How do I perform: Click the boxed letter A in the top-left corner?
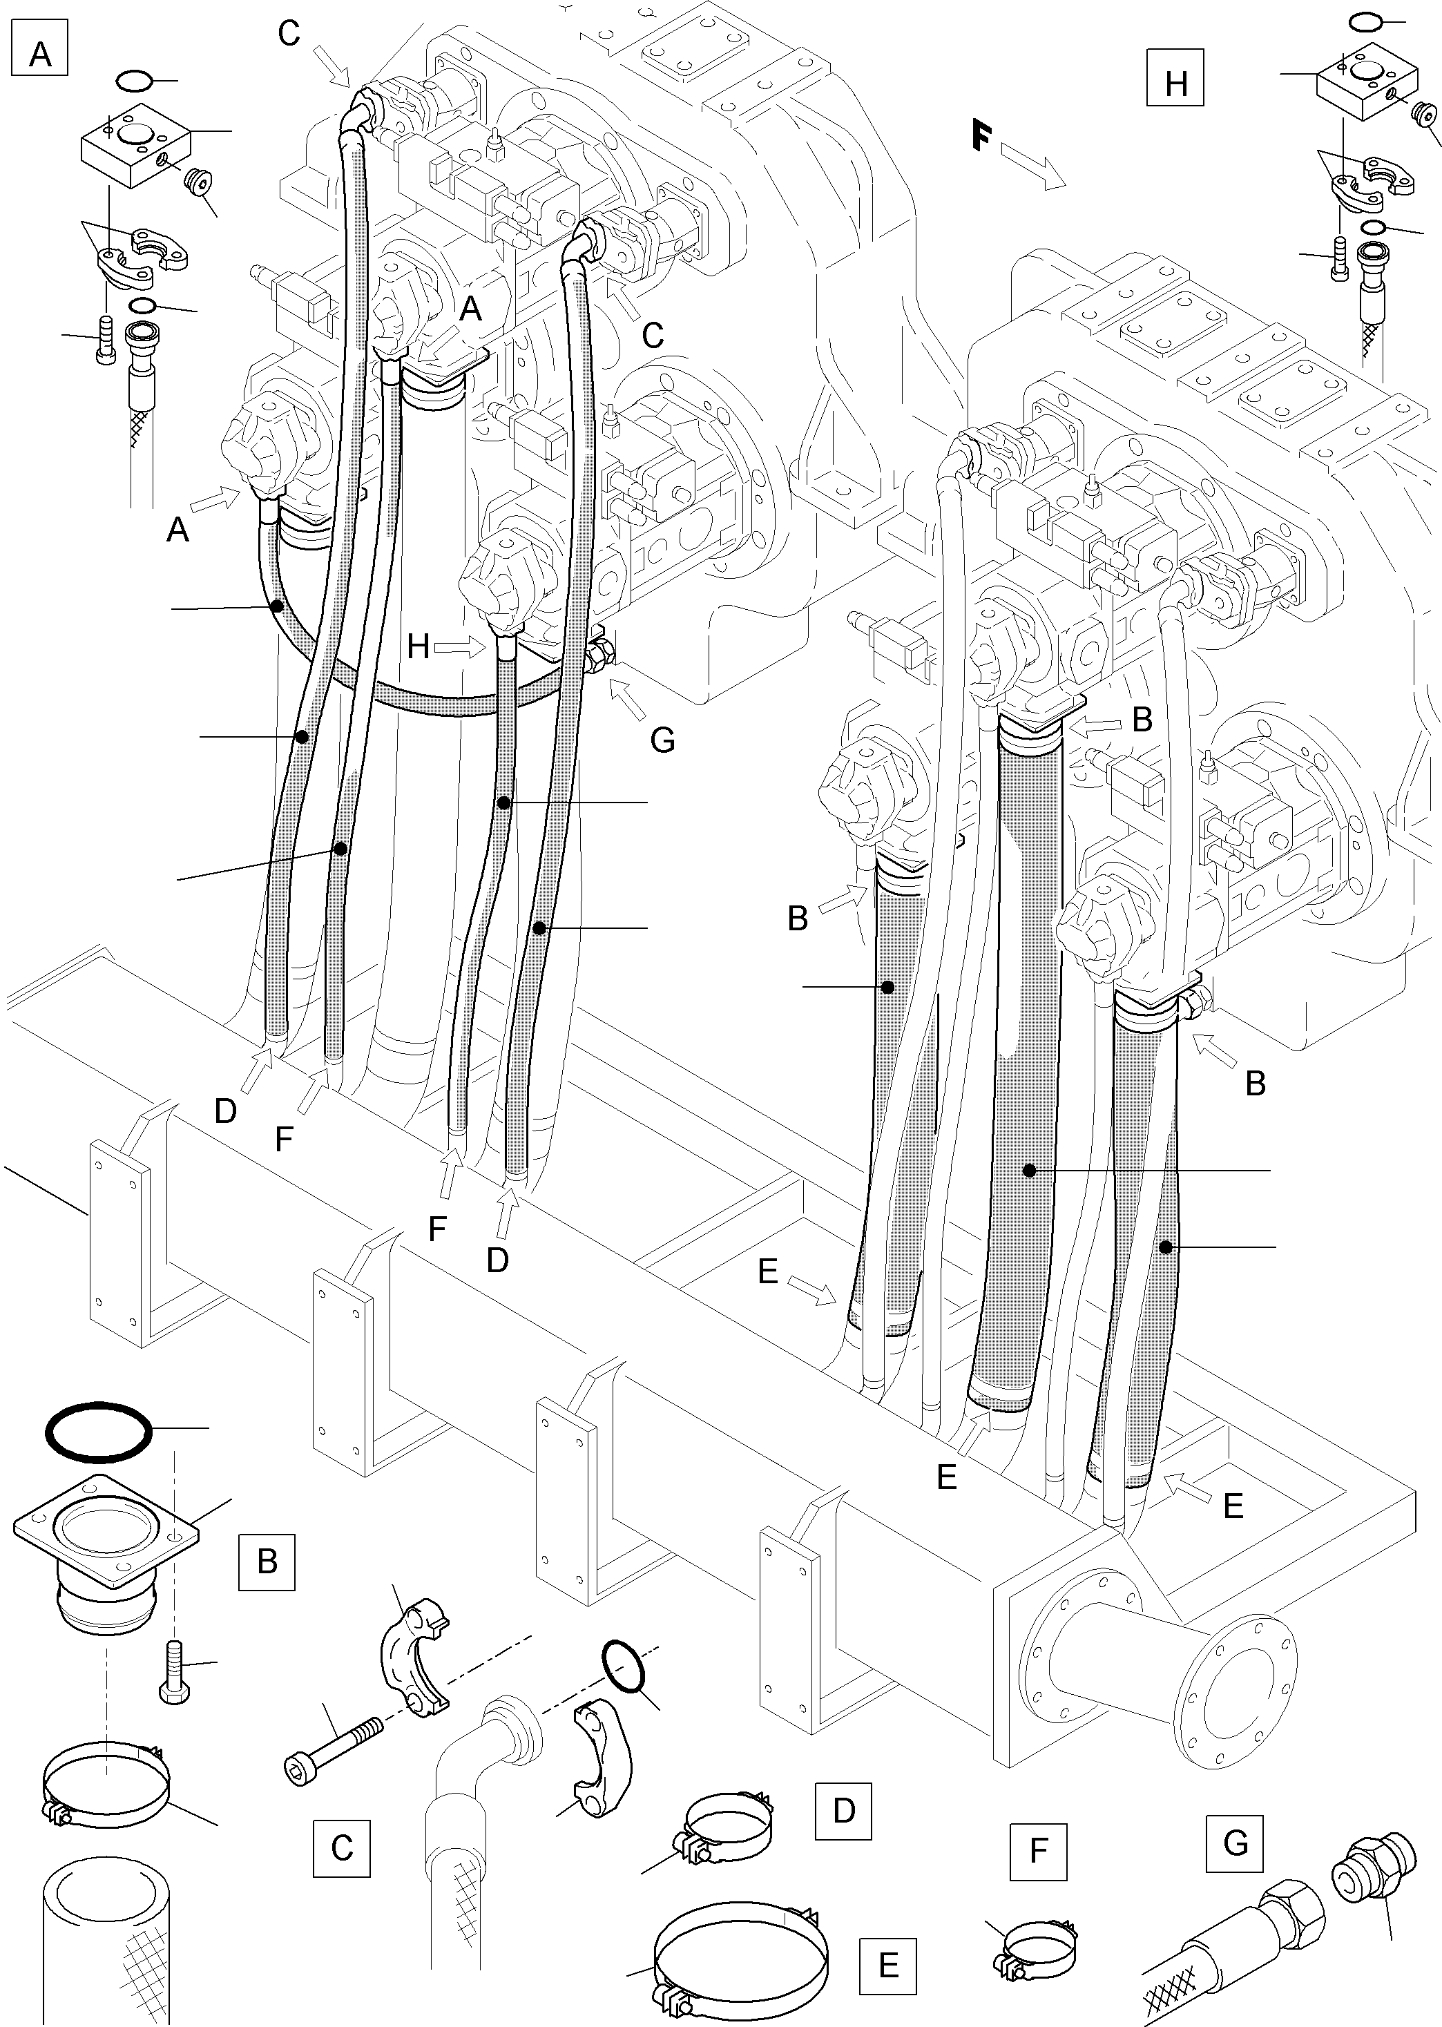click(x=40, y=53)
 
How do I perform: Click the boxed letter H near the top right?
click(x=1175, y=83)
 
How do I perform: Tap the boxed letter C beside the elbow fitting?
click(x=341, y=1847)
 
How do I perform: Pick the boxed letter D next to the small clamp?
click(x=843, y=1809)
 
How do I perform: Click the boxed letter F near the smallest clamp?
click(x=1038, y=1851)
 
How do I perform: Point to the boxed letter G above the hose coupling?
click(x=1234, y=1843)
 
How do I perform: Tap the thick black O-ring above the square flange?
click(x=97, y=1431)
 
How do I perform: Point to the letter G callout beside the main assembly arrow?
click(x=662, y=739)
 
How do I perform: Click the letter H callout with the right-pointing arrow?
click(x=419, y=646)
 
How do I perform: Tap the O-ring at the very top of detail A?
click(x=134, y=81)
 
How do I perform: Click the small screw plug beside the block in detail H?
click(x=1423, y=113)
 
